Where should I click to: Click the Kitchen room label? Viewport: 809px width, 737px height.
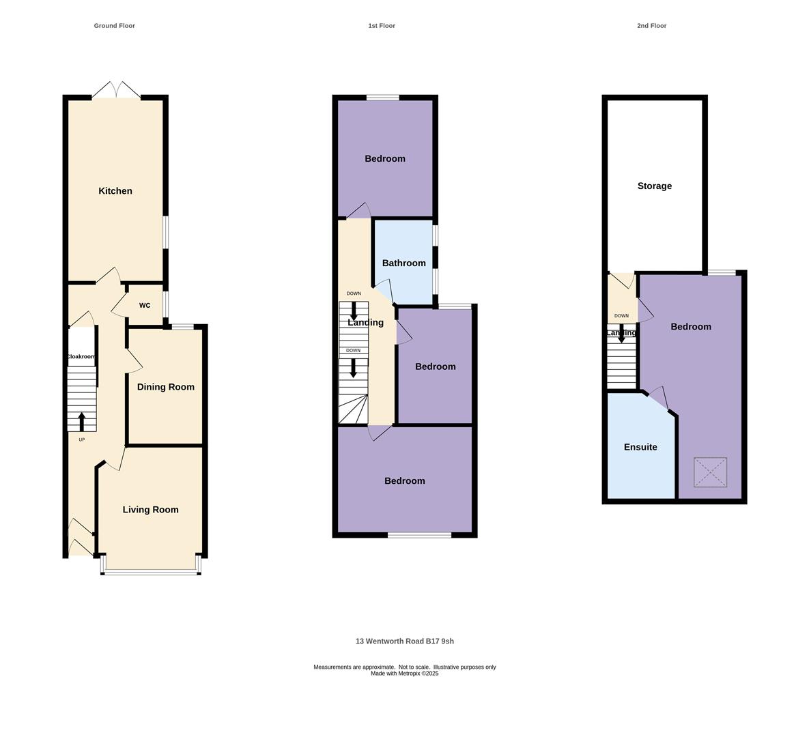coord(115,191)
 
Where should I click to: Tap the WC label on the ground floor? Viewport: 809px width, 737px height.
coord(145,306)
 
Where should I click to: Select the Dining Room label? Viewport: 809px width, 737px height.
coord(166,387)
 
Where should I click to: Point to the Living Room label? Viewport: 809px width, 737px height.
coord(151,510)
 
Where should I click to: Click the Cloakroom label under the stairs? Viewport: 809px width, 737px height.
coord(81,357)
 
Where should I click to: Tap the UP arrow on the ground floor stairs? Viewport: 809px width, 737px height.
coord(82,421)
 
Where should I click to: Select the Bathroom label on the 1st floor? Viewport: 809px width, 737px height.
coord(403,263)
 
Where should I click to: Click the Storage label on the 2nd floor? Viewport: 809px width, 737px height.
coord(655,186)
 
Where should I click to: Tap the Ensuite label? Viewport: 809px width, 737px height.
coord(640,448)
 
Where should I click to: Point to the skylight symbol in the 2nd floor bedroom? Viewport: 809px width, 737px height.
coord(710,472)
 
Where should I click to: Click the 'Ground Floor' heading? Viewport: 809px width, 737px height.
coord(115,26)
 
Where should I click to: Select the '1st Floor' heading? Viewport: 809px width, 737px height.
coord(382,26)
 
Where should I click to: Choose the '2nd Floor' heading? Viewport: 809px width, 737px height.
coord(651,26)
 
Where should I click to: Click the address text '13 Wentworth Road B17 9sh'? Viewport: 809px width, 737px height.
coord(405,641)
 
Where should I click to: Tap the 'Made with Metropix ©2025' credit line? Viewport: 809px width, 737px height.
coord(405,674)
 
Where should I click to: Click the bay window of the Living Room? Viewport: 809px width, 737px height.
coord(151,570)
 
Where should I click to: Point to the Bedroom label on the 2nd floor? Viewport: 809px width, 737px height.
coord(691,327)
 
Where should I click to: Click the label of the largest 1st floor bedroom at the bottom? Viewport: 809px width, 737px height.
coord(405,481)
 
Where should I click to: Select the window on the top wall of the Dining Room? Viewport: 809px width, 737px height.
coord(182,327)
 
